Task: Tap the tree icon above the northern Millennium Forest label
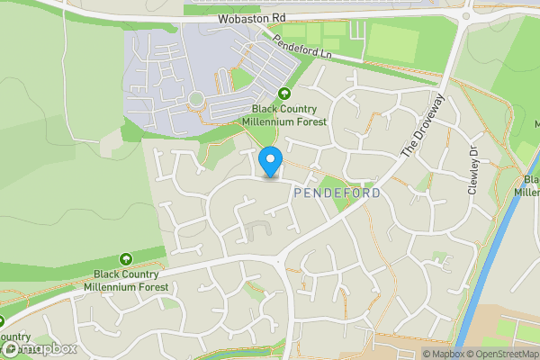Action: tap(285, 93)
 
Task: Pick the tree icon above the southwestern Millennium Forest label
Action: tap(125, 259)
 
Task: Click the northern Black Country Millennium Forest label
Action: tap(285, 114)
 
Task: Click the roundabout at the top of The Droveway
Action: tap(466, 15)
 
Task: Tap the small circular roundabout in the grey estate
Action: tap(196, 98)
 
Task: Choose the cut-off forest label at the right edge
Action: tap(528, 184)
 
